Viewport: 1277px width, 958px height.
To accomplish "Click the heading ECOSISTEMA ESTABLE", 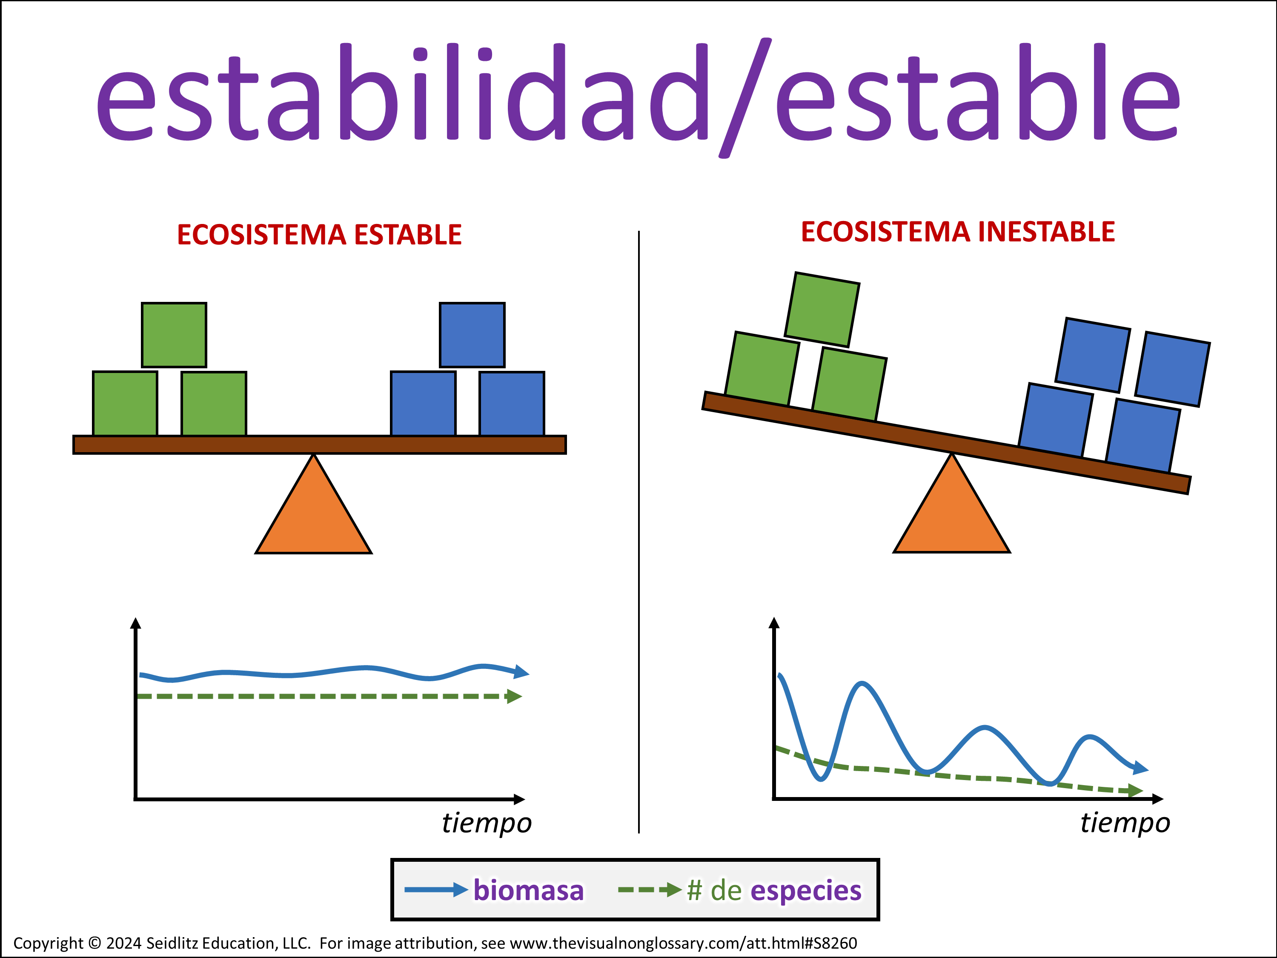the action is pyautogui.click(x=319, y=235).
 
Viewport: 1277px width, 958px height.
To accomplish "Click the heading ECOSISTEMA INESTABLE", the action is pyautogui.click(x=958, y=232).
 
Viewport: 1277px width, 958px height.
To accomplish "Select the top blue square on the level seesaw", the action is pyautogui.click(x=472, y=335).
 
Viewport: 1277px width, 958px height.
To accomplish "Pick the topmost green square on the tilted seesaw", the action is pyautogui.click(x=822, y=310).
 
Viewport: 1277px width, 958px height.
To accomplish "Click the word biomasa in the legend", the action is pyautogui.click(x=529, y=890).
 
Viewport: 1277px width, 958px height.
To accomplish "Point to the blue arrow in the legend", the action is pyautogui.click(x=436, y=890).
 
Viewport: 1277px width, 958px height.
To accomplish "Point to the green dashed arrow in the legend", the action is pyautogui.click(x=650, y=890).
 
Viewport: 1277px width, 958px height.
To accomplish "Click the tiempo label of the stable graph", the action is pyautogui.click(x=487, y=823).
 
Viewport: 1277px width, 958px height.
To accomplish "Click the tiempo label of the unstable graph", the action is pyautogui.click(x=1125, y=823).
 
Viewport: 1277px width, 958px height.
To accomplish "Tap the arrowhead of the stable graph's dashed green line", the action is pyautogui.click(x=514, y=697).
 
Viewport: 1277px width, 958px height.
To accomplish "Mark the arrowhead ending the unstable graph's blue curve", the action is pyautogui.click(x=1141, y=768).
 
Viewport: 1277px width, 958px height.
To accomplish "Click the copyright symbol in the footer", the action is pyautogui.click(x=94, y=943).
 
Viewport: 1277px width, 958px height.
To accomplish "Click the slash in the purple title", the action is pyautogui.click(x=745, y=97).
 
